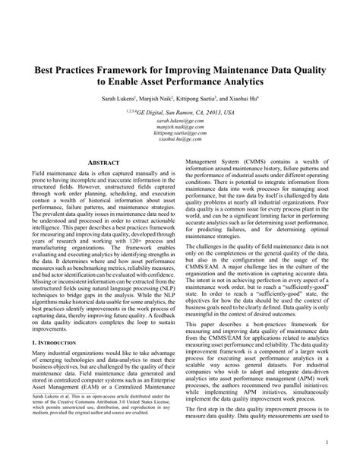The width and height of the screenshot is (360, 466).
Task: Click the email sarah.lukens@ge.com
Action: pyautogui.click(x=180, y=120)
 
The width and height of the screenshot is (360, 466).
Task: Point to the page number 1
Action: pyautogui.click(x=325, y=441)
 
